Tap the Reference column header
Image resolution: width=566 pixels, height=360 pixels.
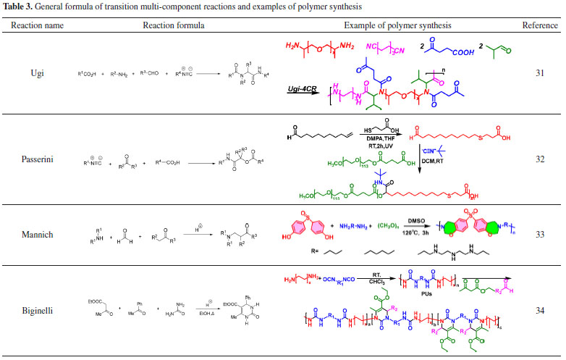(x=540, y=25)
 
